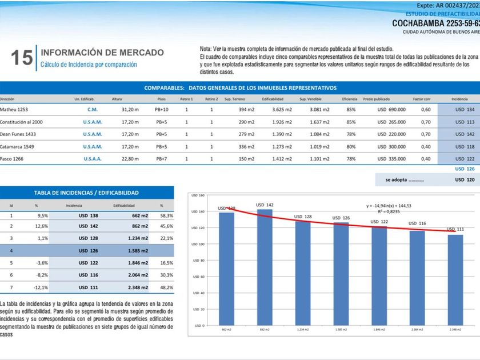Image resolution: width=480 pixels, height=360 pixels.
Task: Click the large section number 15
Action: (x=22, y=58)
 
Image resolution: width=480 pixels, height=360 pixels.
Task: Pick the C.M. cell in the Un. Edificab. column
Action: (x=92, y=109)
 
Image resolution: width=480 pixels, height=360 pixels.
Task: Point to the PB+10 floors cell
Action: (x=162, y=109)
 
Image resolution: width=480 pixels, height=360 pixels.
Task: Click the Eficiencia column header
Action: (x=350, y=99)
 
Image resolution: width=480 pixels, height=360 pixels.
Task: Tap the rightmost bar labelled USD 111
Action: (x=455, y=280)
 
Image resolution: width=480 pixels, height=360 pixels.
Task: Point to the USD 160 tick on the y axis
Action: (x=197, y=196)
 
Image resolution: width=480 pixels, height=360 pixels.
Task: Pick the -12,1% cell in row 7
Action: (x=39, y=287)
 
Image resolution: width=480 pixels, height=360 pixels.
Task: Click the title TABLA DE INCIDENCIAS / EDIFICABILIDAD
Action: (x=86, y=193)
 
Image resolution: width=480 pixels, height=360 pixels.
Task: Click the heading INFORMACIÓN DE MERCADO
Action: (x=102, y=53)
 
